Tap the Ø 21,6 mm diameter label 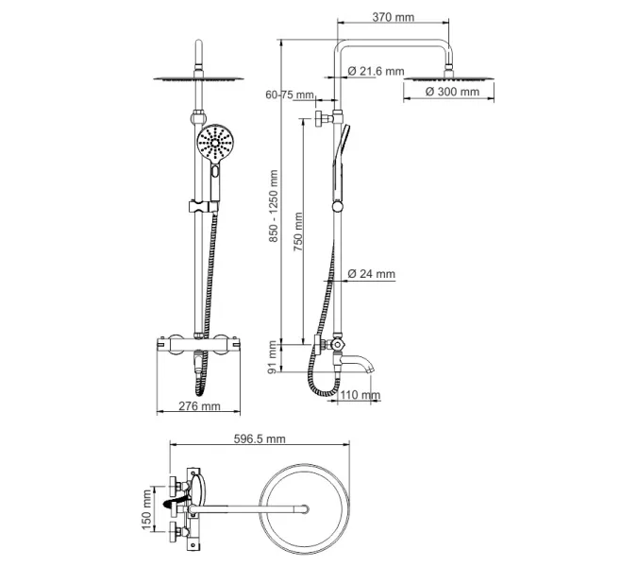[x=376, y=72]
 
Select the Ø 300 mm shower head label [x=451, y=92]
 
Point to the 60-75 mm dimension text [x=290, y=95]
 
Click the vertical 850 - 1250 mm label [x=275, y=206]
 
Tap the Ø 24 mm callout [x=371, y=274]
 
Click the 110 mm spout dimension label [x=360, y=395]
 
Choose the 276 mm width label [x=199, y=406]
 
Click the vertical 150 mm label [x=146, y=510]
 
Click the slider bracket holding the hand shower [x=200, y=207]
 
